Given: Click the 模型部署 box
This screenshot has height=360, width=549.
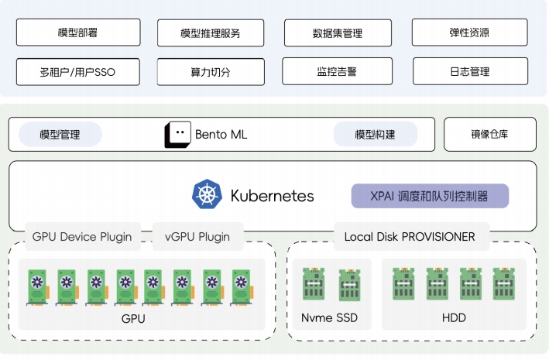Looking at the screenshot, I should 77,33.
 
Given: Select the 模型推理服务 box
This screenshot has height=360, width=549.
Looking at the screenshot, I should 211,33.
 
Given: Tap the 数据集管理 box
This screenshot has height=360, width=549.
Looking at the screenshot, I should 337,33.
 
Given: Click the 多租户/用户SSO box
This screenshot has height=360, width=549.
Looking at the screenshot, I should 77,71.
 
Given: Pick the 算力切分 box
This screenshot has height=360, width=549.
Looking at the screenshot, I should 211,71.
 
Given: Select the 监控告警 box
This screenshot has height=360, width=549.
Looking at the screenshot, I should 337,71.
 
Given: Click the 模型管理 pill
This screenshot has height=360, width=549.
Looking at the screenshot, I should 60,135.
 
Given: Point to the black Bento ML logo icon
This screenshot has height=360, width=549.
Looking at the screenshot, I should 177,135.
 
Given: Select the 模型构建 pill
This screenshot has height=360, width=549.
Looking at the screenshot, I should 375,135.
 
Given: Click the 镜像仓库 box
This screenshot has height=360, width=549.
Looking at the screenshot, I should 490,135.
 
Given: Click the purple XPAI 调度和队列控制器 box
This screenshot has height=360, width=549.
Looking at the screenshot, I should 430,196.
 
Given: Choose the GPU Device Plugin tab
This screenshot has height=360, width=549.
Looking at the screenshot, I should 82,237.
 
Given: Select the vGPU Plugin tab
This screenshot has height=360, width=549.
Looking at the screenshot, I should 197,237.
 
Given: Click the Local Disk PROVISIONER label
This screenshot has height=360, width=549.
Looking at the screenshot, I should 410,237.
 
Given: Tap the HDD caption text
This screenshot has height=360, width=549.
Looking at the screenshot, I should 453,317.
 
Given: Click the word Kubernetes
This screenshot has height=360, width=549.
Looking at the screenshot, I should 272,196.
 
